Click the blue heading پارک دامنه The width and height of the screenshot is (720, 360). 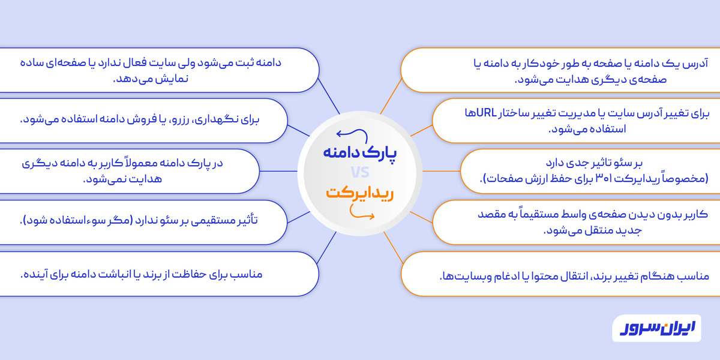click(x=360, y=151)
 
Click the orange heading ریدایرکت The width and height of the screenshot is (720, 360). click(x=359, y=193)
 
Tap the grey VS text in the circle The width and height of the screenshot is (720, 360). click(x=360, y=173)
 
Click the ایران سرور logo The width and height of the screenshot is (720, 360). click(x=656, y=328)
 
